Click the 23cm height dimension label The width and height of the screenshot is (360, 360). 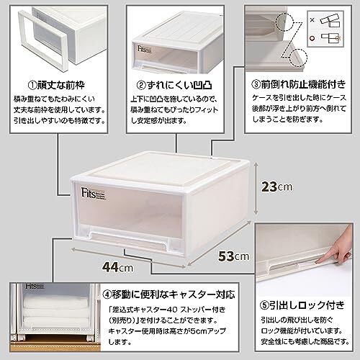[x=276, y=186]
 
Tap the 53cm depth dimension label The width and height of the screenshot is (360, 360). [x=233, y=256]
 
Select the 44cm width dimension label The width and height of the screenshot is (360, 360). [x=117, y=267]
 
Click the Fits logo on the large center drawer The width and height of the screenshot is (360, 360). [x=93, y=194]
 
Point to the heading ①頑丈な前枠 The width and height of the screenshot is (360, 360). [x=56, y=85]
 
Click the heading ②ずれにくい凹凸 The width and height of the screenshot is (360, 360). [x=174, y=85]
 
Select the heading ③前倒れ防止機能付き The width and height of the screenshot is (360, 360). [x=299, y=84]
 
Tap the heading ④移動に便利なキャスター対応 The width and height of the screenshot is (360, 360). [x=168, y=294]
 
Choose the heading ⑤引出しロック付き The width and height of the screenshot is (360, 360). [x=302, y=305]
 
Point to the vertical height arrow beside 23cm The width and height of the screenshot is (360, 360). [x=256, y=188]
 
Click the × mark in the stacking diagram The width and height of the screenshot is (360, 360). [x=312, y=20]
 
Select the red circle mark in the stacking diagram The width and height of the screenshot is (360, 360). [x=312, y=38]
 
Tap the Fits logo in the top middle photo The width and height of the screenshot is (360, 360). [x=144, y=49]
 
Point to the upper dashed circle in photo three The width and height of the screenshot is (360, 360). [x=284, y=21]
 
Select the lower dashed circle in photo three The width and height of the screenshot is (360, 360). [x=298, y=58]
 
